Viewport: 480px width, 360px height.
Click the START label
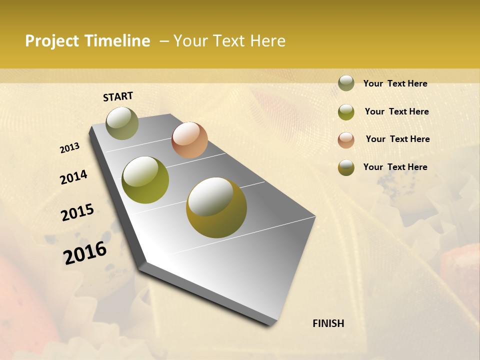(x=118, y=96)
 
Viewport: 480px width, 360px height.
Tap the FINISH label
(x=328, y=323)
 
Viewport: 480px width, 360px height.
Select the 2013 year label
(x=70, y=148)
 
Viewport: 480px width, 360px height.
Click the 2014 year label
(x=74, y=177)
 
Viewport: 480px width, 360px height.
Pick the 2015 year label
(x=77, y=212)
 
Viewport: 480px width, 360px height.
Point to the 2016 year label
(x=85, y=252)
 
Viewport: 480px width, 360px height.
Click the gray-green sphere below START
(x=122, y=123)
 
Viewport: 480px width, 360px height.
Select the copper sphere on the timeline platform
(x=189, y=140)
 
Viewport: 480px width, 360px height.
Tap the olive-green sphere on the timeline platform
(x=145, y=180)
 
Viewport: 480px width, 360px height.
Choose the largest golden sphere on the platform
(x=216, y=207)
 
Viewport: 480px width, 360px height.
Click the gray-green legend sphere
(x=346, y=83)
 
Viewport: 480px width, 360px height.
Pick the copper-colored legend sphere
(x=346, y=140)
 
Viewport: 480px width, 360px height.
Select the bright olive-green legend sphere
(x=346, y=112)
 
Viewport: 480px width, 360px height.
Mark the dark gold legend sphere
(x=346, y=168)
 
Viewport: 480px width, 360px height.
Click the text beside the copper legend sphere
(x=397, y=139)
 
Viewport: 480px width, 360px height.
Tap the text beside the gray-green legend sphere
(x=395, y=83)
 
